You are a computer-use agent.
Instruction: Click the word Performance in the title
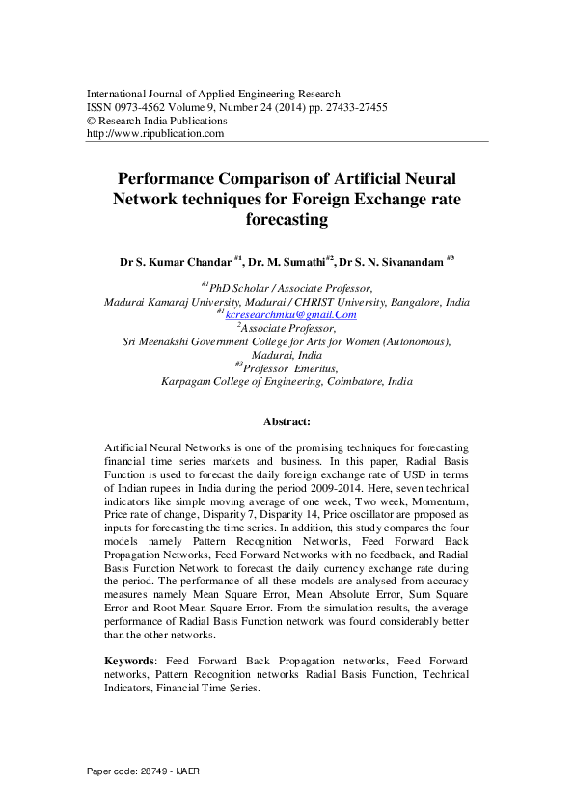pos(173,179)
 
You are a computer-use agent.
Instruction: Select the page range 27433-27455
pos(357,108)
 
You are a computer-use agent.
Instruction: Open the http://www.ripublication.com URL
pos(155,134)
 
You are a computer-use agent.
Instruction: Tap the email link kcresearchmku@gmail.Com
pos(291,314)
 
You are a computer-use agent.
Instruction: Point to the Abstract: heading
pos(287,421)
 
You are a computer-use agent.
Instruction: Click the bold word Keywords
pos(129,660)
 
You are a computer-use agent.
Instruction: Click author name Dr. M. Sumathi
pos(287,261)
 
